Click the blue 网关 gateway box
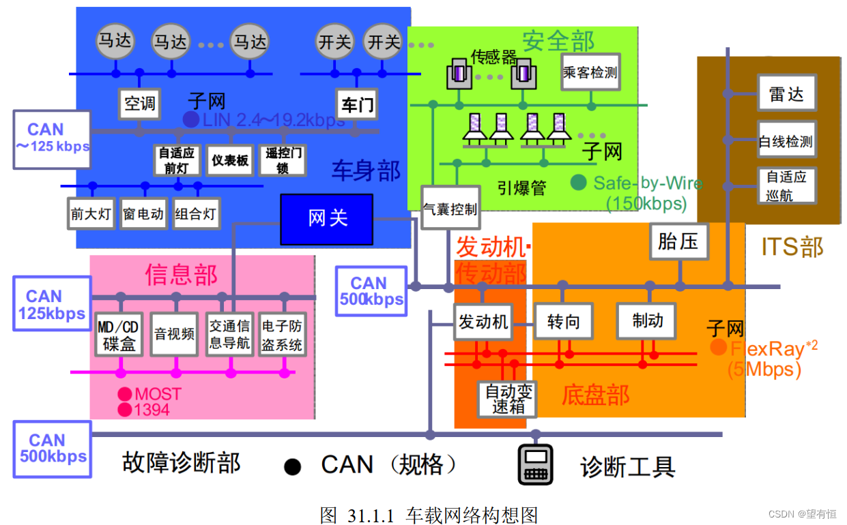[327, 219]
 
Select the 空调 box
[139, 104]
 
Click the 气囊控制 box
[450, 208]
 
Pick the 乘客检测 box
[590, 72]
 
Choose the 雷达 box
[786, 94]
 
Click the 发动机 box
[483, 321]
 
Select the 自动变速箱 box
[507, 399]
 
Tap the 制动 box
[646, 320]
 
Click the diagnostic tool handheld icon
[535, 464]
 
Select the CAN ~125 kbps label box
[52, 138]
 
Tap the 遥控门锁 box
[283, 160]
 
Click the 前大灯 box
[91, 213]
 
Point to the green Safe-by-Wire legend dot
[579, 182]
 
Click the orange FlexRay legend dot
[718, 347]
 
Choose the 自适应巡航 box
[786, 185]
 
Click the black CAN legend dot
[293, 466]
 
